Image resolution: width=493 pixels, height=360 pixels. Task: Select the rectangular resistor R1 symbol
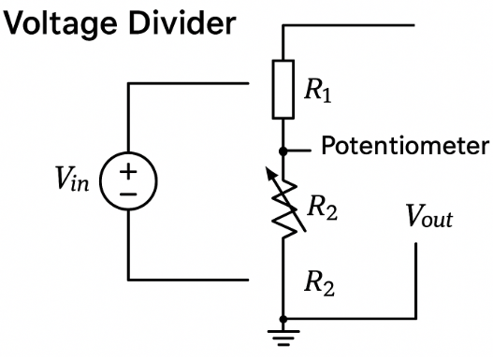[x=283, y=91]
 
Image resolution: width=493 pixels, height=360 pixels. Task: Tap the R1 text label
[x=319, y=91]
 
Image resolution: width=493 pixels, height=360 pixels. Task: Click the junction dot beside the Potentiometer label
[x=283, y=149]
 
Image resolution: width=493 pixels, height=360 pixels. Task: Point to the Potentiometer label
[x=404, y=147]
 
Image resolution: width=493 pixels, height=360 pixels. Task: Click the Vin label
[x=71, y=179]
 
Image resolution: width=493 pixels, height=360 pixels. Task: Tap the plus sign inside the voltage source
[x=125, y=170]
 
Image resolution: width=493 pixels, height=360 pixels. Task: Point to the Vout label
[x=428, y=219]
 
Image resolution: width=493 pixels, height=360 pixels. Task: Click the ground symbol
[x=283, y=335]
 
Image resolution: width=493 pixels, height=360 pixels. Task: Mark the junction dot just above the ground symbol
[x=283, y=319]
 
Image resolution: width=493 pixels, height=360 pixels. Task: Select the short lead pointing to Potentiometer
[x=297, y=149]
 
